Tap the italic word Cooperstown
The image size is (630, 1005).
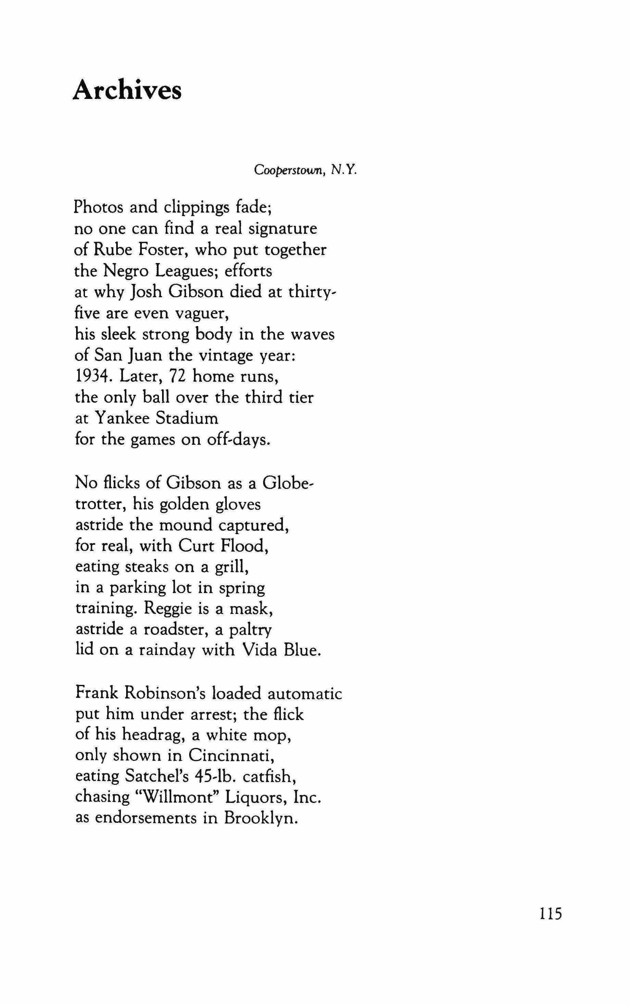(290, 170)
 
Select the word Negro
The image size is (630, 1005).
(127, 271)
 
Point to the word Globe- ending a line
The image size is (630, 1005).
(288, 483)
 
